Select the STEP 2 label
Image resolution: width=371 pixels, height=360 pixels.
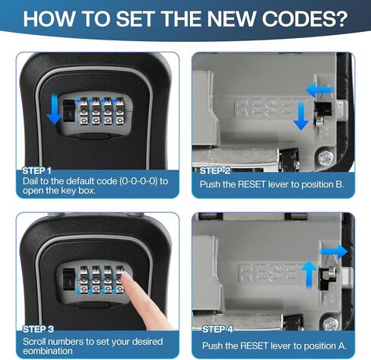[x=215, y=170]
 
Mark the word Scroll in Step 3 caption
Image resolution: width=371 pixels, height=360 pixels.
[x=39, y=341]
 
